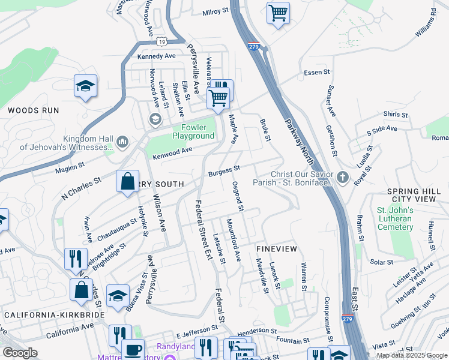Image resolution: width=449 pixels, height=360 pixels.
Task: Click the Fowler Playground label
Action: coord(193,131)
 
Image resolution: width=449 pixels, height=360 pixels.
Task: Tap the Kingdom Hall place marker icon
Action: coord(123,142)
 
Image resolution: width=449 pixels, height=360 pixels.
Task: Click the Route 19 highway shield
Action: coord(161,41)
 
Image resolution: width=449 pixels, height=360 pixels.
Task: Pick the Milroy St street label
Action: coord(215,11)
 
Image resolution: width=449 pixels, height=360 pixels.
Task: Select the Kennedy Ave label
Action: coord(156,56)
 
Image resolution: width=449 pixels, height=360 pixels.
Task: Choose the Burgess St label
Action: coord(224,172)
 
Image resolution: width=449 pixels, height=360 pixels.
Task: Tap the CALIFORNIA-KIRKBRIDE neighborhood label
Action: coord(54,314)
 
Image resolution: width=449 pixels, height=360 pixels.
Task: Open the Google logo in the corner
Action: coord(20,353)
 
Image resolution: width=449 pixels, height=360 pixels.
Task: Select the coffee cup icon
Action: coord(133,349)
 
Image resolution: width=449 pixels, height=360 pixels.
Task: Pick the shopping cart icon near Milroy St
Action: coord(277,12)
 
